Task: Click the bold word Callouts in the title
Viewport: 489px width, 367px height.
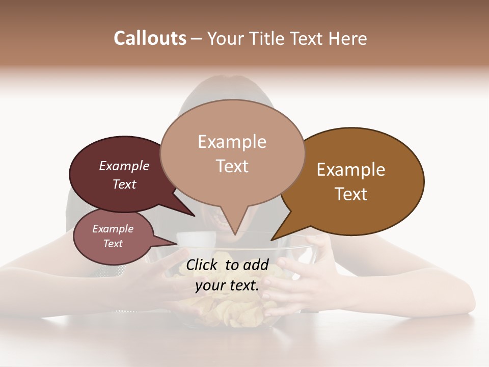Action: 150,38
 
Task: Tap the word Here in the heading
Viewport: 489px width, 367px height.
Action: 347,38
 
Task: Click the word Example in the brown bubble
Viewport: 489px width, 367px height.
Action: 351,170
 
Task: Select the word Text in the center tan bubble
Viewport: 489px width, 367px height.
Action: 232,166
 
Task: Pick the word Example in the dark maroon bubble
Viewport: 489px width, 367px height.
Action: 124,166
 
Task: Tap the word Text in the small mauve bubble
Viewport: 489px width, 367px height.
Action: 113,244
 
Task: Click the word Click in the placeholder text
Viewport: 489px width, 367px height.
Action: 203,265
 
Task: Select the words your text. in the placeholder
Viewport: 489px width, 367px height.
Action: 227,285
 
